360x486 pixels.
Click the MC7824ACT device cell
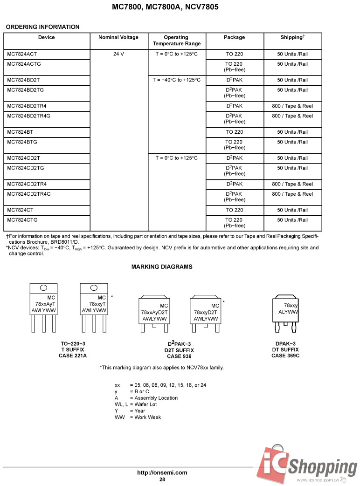click(x=22, y=54)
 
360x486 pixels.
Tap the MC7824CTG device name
click(x=22, y=220)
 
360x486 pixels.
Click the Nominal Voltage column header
click(x=118, y=37)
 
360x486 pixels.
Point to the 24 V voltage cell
click(x=118, y=54)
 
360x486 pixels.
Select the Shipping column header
click(x=292, y=37)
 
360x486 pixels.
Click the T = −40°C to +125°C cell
click(x=177, y=80)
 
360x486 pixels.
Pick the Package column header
click(x=234, y=37)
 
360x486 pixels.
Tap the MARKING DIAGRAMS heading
click(x=162, y=267)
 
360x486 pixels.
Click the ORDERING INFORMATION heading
click(x=43, y=27)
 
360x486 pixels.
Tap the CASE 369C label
click(x=285, y=356)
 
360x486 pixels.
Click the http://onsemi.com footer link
click(x=162, y=472)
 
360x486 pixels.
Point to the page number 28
click(x=162, y=479)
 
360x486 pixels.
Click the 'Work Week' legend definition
click(x=148, y=417)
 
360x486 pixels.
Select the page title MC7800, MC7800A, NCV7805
click(x=165, y=7)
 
